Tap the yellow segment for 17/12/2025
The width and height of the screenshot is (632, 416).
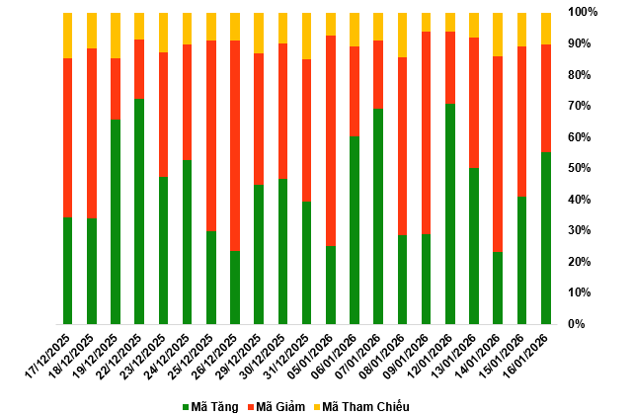(x=67, y=36)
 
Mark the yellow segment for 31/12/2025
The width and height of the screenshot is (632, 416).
(x=307, y=36)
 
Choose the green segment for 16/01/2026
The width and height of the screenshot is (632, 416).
(x=546, y=237)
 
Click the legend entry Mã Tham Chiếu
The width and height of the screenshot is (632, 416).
(x=365, y=407)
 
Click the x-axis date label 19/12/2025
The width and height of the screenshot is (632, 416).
(x=102, y=355)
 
